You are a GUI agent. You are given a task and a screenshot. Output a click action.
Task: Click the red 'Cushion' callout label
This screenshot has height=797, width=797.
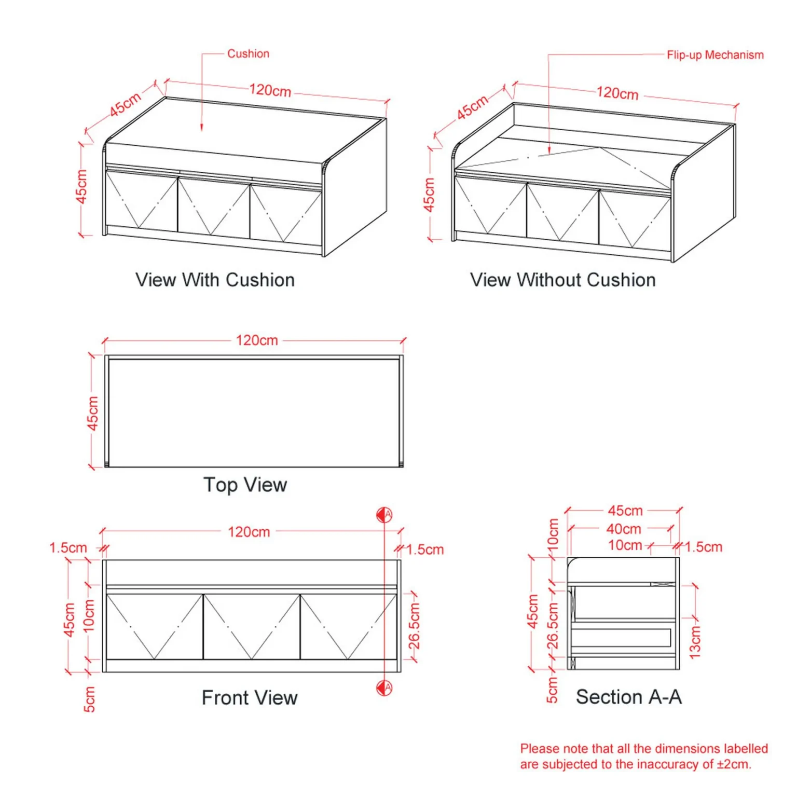pos(248,53)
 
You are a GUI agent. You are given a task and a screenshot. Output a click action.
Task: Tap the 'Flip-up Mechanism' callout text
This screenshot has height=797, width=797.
pos(715,55)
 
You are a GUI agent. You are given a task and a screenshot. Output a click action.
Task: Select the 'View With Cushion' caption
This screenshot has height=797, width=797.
pos(215,280)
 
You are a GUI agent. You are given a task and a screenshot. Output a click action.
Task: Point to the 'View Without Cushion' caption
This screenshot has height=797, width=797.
pos(563,280)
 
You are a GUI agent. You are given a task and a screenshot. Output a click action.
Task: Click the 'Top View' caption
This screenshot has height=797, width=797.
pos(245,485)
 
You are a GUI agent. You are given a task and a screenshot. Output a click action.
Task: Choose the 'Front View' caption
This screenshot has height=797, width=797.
pos(250,698)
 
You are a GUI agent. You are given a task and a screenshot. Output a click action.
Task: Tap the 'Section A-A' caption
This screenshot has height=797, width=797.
pos(628,697)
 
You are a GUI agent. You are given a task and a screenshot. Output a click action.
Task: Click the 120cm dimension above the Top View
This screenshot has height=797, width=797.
pos(257,340)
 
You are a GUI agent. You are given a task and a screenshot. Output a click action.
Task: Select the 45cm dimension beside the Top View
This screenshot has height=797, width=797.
pos(92,413)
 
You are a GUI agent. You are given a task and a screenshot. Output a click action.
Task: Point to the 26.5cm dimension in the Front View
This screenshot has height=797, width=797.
pos(414,626)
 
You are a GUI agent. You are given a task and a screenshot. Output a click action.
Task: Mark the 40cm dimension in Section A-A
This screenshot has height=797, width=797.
pos(624,529)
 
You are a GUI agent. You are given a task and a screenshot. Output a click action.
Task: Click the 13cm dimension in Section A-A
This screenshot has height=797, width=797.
pos(695,642)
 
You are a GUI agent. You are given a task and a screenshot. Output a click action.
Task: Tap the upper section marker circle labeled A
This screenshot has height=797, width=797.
pos(384,515)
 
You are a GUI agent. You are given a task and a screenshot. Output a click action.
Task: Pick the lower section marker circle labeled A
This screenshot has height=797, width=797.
pos(384,688)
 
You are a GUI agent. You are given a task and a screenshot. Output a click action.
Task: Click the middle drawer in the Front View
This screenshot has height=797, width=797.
pos(252,627)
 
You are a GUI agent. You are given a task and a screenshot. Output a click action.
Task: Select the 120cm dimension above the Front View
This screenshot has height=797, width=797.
pos(249,532)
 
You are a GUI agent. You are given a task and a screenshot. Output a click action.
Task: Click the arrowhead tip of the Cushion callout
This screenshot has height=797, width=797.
pos(202,131)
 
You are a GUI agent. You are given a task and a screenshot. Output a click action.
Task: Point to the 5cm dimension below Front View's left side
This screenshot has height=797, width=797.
pos(89,699)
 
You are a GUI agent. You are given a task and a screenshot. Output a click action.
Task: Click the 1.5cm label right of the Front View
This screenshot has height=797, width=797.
pos(425,549)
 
